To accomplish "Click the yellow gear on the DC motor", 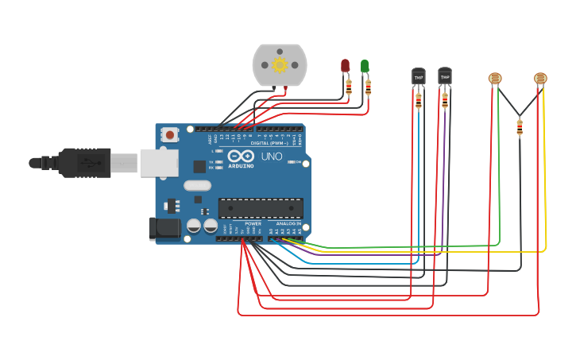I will (280, 64).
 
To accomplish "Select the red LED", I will (345, 65).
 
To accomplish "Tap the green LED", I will (365, 66).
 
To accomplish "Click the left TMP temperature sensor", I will (418, 76).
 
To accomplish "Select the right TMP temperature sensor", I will (445, 76).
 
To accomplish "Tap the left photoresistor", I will (495, 78).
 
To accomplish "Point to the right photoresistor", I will (540, 78).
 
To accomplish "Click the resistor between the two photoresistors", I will (520, 127).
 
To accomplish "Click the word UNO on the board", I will (273, 156).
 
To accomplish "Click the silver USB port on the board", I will (159, 162).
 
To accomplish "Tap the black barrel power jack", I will (165, 228).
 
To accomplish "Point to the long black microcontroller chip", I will (261, 208).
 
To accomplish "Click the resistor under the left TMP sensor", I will (419, 100).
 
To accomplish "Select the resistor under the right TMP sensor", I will (445, 99).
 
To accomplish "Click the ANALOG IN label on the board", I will (288, 224).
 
